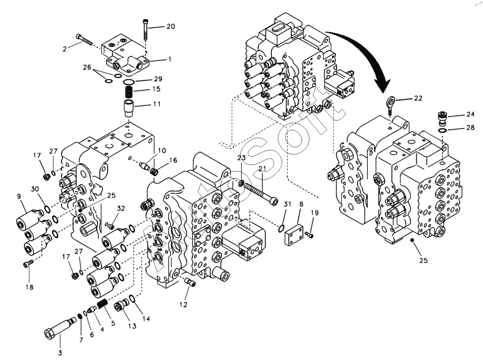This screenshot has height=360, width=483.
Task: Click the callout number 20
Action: pos(171,26)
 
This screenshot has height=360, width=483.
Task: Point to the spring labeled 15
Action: pos(129,93)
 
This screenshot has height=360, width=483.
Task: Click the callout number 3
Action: pos(60,353)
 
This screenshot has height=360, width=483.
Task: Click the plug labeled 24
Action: pos(442,117)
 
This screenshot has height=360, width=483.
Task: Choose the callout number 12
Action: pos(184,304)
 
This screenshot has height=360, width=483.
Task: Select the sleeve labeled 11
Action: pos(129,108)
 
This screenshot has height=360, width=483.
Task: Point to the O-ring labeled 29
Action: pos(129,82)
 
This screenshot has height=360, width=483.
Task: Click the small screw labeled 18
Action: pos(27,264)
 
